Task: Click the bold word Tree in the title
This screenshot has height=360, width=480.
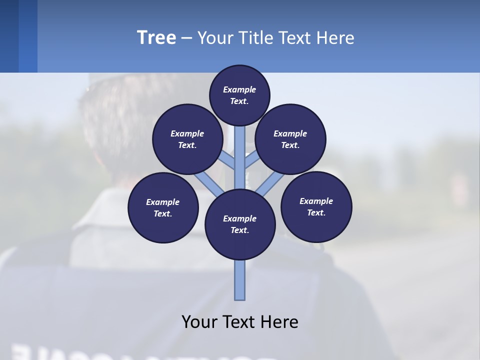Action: pos(156,38)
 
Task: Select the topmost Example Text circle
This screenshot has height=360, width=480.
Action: pos(239,95)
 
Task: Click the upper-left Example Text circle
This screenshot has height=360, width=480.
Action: pos(187,139)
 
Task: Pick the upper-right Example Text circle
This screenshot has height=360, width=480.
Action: pos(290,139)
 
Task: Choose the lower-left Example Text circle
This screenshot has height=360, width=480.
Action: pos(163,207)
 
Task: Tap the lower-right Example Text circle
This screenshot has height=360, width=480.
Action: pos(316,206)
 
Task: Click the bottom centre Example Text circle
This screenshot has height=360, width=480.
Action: pos(240,224)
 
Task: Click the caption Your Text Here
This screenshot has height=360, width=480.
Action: pos(240,321)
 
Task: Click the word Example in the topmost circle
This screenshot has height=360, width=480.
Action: pos(239,89)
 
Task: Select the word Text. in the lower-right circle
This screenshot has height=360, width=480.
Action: pos(316,212)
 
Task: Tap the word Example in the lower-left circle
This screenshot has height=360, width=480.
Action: pos(162,202)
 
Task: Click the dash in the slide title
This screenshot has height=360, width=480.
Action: pos(186,38)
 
